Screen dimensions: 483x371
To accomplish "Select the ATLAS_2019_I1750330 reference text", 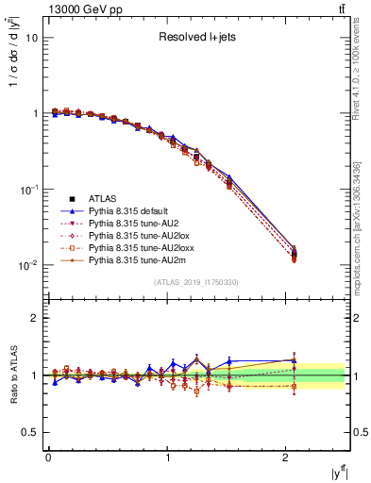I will coord(197,282).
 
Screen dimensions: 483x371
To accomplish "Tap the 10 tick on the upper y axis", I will coord(32,39).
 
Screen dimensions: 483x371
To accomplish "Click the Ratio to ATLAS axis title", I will coord(12,374).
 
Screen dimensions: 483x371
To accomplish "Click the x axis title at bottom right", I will coord(337,472).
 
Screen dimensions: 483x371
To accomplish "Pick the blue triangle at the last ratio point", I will coord(294,360).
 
